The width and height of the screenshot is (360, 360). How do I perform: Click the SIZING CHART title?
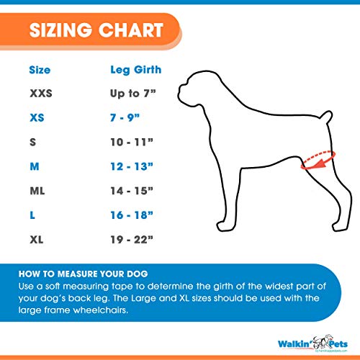click(96, 32)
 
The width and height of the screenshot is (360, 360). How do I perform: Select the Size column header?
click(40, 70)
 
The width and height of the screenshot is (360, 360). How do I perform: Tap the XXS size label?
click(40, 94)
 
